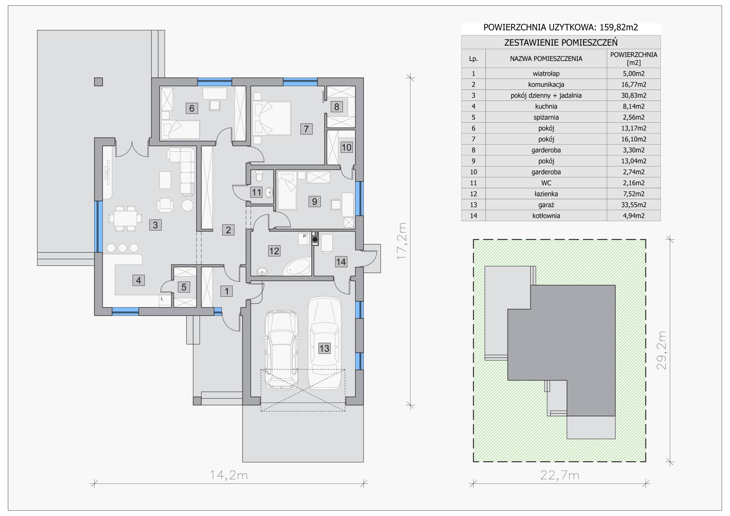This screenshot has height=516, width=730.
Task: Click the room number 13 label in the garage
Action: pos(324,348)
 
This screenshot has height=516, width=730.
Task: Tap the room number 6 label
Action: pos(192,108)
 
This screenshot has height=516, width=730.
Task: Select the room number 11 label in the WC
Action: pos(256,192)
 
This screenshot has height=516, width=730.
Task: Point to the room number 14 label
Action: pos(341,262)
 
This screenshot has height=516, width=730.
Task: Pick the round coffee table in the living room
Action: pos(188,205)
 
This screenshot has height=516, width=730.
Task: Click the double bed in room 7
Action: pos(272,118)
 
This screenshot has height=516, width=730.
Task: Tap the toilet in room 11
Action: pos(259,177)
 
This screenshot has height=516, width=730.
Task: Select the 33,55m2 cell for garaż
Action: pos(633,205)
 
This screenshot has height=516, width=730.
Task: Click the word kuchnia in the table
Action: pos(546,106)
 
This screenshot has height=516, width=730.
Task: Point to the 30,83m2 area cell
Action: pos(633,95)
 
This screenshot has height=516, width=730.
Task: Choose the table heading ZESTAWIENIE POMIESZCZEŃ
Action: pos(561,42)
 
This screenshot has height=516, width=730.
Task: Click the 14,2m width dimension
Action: pos(229,475)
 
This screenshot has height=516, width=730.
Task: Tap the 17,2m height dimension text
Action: pos(402,241)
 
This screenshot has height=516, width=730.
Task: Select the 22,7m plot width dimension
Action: pos(559,475)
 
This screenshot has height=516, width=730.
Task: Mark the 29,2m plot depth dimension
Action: pos(662,350)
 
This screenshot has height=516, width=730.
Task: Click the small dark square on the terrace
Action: pos(98,82)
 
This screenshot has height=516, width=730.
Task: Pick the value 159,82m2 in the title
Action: pos(619,27)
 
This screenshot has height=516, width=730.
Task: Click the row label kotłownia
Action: pos(546,216)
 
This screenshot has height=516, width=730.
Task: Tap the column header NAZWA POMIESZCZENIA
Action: pos(546,58)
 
